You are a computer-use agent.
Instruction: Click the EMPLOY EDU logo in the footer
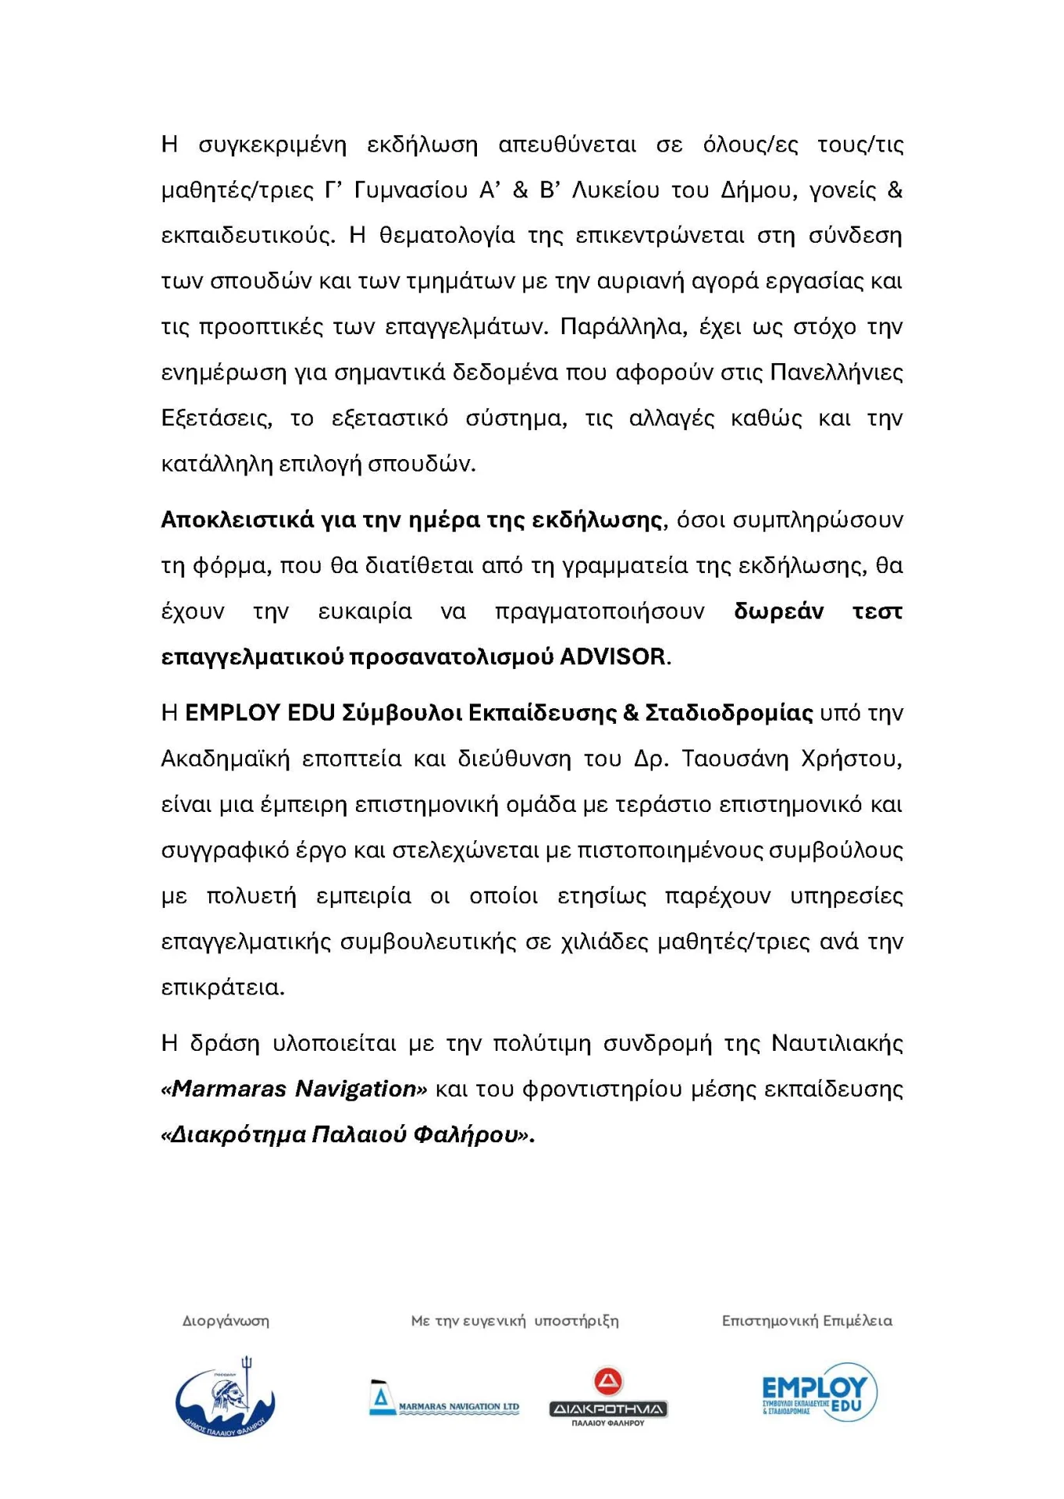[x=819, y=1392]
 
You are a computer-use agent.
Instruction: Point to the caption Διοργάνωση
[x=226, y=1321]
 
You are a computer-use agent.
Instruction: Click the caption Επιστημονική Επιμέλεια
[x=806, y=1321]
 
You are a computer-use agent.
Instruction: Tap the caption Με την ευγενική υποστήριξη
[x=514, y=1321]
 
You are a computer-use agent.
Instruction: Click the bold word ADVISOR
[x=613, y=657]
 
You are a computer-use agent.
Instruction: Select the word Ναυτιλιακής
[x=837, y=1043]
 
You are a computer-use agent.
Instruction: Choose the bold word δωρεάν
[x=778, y=611]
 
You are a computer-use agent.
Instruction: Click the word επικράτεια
[x=222, y=988]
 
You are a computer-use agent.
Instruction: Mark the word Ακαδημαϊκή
[x=225, y=759]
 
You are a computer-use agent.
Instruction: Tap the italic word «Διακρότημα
[x=233, y=1134]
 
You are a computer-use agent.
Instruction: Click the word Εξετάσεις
[x=216, y=418]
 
